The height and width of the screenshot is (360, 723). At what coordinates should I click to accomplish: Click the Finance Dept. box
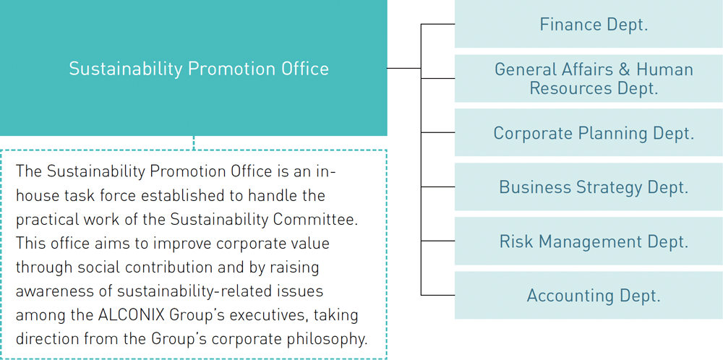(589, 24)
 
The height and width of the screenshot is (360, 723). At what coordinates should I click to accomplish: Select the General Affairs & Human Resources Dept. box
(589, 78)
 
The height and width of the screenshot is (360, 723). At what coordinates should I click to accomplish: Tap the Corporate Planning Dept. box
(589, 132)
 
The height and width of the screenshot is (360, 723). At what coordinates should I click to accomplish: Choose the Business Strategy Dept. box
(589, 187)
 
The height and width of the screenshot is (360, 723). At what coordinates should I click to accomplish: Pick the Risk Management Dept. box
(589, 241)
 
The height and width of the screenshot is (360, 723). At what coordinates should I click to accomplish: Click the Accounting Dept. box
(589, 295)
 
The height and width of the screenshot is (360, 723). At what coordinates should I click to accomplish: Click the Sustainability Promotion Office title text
(199, 69)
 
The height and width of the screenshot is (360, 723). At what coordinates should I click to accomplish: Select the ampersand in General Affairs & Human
(625, 69)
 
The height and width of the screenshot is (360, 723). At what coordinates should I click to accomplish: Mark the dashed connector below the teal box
(194, 143)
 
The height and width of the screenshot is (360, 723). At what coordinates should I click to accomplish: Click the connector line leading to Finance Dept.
(437, 24)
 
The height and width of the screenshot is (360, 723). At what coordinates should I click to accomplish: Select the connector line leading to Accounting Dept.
(437, 295)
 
